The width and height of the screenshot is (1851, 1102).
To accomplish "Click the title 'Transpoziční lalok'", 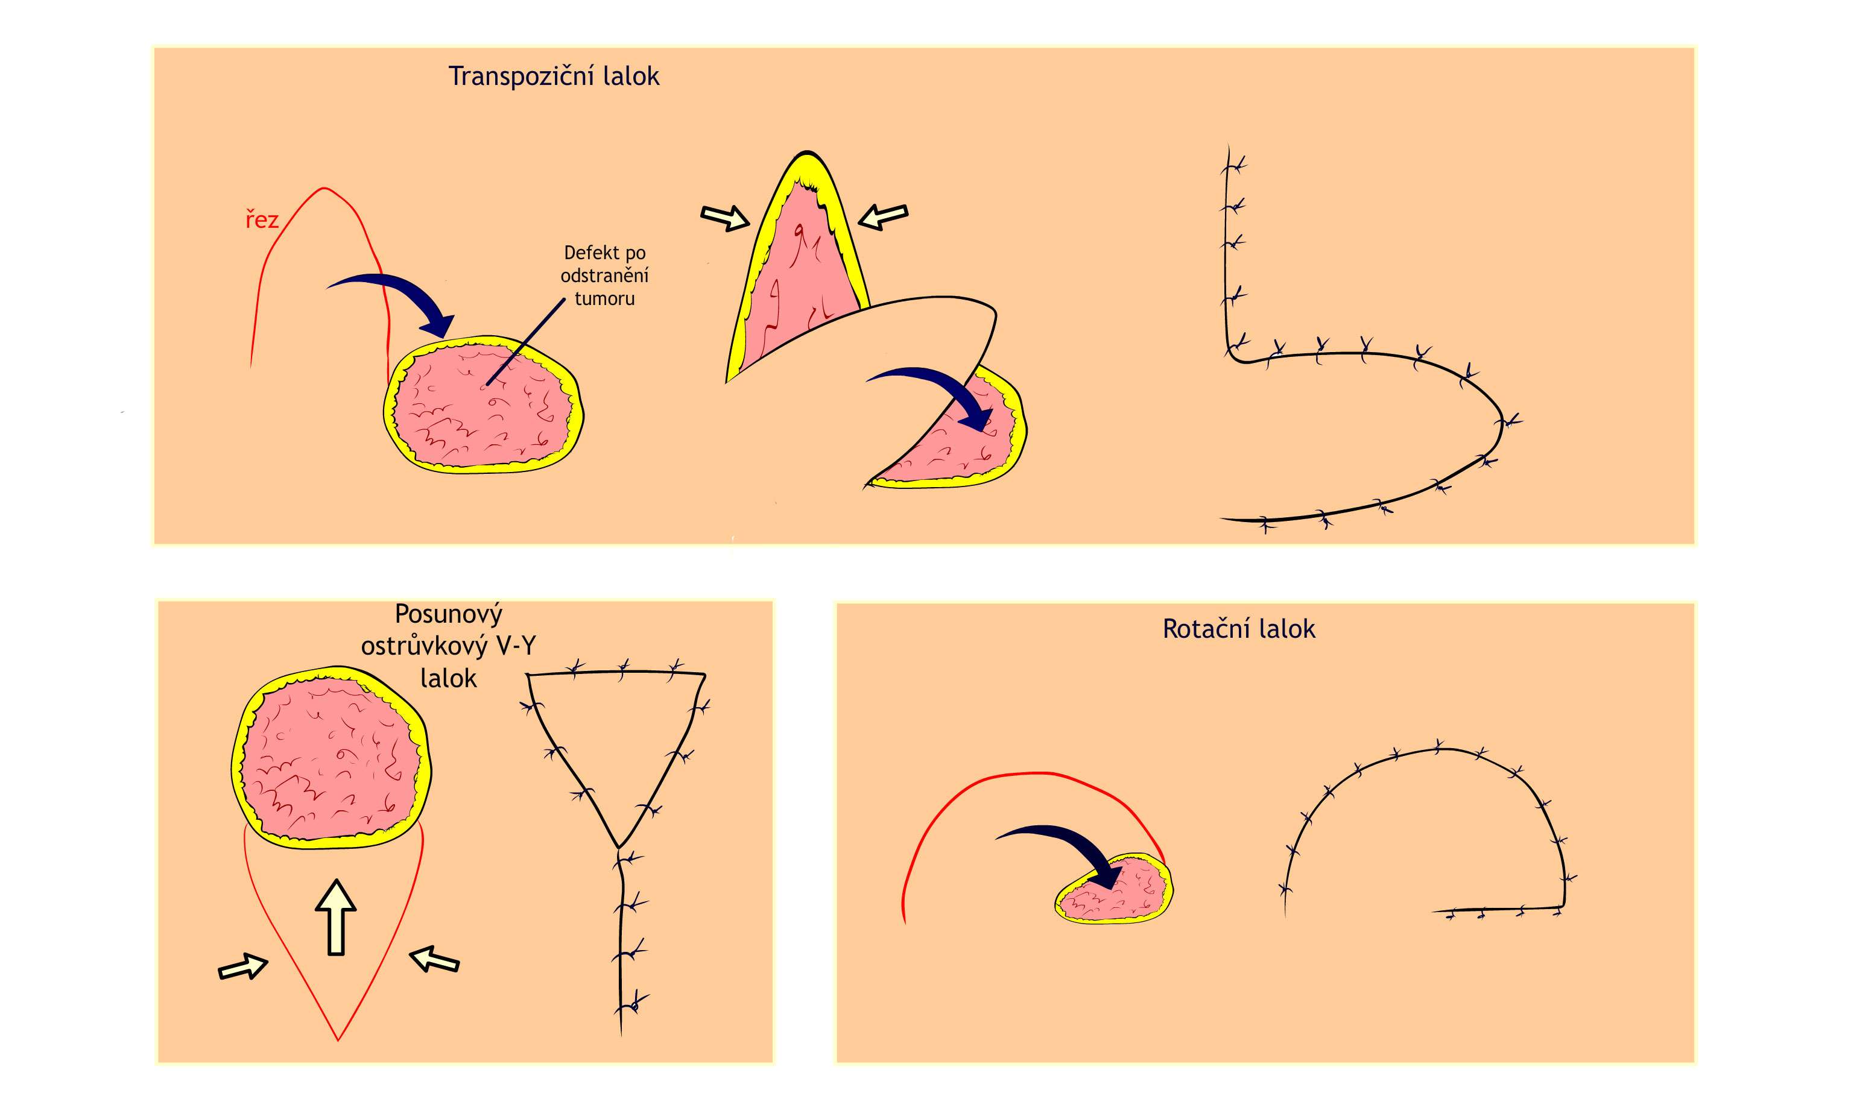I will [553, 77].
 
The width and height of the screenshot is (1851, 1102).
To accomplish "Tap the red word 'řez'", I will [262, 220].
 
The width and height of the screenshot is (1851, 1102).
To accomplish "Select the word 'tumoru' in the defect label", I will [604, 298].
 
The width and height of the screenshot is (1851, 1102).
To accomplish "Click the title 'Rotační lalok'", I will [1238, 629].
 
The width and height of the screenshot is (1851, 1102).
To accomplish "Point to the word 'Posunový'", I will [448, 614].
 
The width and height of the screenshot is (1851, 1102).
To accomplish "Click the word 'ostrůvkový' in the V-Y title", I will [423, 647].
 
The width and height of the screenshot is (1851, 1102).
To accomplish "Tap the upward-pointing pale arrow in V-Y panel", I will [336, 916].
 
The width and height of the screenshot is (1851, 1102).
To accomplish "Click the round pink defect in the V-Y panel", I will [331, 757].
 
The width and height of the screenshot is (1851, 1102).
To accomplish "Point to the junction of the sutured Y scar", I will [619, 847].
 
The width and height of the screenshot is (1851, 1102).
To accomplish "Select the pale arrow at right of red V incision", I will [434, 959].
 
